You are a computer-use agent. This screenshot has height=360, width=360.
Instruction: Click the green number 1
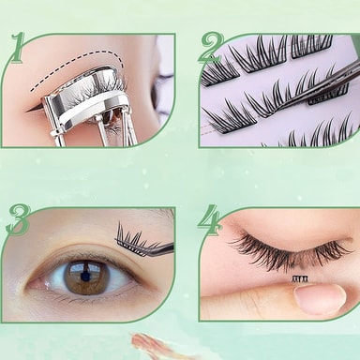[x=18, y=48]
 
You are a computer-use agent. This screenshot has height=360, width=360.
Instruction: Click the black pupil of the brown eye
[x=84, y=277]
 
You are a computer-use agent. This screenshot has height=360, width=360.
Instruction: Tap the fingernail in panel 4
[x=320, y=300]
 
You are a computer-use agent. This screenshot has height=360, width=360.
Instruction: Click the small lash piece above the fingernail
[x=300, y=277]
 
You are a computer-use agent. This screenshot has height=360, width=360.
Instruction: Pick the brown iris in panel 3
[x=85, y=277]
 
